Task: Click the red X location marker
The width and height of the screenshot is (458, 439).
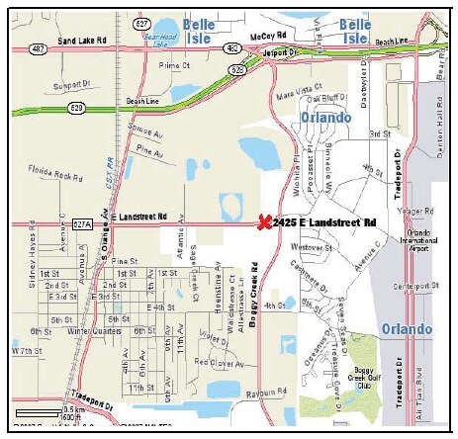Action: [x=264, y=222]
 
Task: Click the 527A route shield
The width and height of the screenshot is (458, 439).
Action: [x=83, y=224]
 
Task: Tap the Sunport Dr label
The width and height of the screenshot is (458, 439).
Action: [x=69, y=86]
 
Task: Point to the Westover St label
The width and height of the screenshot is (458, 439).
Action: [x=310, y=246]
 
